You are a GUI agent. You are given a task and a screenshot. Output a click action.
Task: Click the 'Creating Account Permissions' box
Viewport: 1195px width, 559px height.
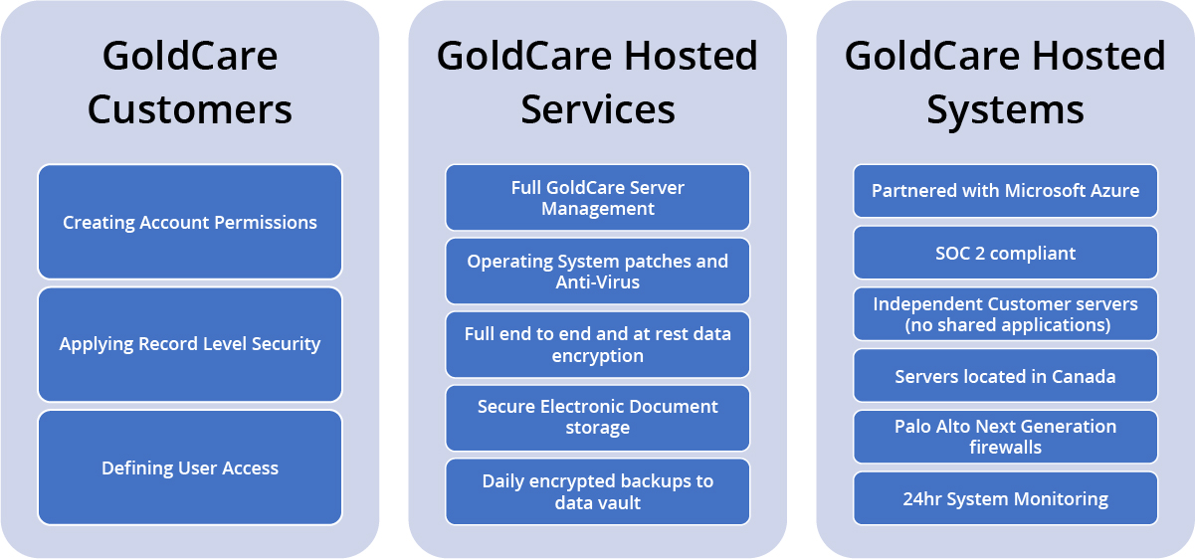tap(190, 222)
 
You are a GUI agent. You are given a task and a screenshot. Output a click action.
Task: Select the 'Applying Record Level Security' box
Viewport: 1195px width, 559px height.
tap(190, 344)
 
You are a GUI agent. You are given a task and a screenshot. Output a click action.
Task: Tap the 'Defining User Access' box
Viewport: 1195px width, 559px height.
tap(190, 467)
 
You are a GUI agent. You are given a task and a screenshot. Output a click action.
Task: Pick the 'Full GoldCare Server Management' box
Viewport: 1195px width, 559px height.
tap(597, 197)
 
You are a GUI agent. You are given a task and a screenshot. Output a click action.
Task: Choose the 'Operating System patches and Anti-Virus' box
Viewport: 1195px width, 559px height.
tap(597, 271)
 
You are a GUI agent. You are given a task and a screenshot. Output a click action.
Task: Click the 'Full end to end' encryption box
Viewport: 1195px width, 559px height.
tap(597, 344)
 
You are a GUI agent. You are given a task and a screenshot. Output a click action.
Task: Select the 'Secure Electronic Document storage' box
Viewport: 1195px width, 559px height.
tap(597, 418)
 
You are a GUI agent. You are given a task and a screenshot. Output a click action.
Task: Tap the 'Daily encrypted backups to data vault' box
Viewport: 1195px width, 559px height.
tap(597, 491)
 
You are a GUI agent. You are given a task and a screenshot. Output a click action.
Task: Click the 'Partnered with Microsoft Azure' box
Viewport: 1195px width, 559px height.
tap(1005, 190)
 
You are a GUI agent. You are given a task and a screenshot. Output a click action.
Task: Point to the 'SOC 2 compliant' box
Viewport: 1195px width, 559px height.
tap(1005, 253)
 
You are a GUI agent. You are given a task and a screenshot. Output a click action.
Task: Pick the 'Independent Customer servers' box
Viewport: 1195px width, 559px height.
tap(1005, 313)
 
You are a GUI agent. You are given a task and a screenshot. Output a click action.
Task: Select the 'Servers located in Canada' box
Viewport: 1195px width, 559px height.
tap(1005, 375)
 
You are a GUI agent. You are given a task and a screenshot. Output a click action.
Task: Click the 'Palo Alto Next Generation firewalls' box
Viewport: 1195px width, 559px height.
tap(1005, 437)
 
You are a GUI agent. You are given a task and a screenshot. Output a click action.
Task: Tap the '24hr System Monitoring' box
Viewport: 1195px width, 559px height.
tap(1005, 498)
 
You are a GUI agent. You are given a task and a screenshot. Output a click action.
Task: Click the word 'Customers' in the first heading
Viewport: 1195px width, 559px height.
tap(190, 109)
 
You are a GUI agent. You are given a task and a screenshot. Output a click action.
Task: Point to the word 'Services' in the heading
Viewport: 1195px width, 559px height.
tap(598, 109)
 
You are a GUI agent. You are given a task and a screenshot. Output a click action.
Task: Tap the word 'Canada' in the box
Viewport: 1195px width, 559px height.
tap(1084, 377)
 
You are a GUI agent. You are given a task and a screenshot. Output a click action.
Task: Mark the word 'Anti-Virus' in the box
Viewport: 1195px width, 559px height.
tap(597, 281)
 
